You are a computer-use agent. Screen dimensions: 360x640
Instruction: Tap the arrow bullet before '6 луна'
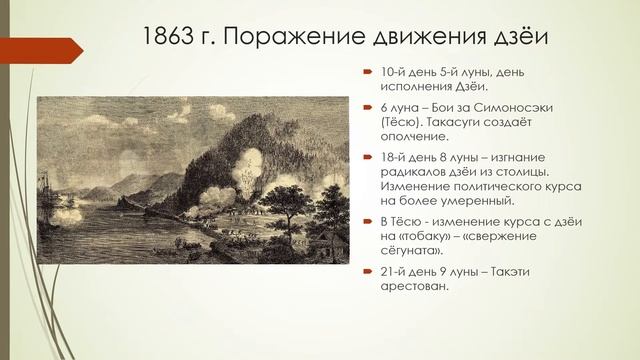(367, 107)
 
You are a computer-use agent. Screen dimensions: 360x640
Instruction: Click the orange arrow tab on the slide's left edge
(12, 45)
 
